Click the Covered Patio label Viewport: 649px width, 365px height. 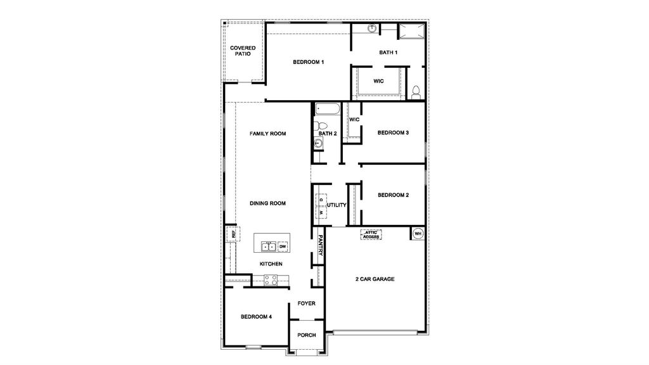pos(243,51)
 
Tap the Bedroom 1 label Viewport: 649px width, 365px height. pos(309,62)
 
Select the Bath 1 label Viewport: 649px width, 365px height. pos(388,52)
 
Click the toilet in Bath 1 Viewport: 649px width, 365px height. pos(416,93)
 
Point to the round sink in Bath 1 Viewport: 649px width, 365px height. pos(372,29)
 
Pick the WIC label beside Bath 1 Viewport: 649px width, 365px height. pos(378,81)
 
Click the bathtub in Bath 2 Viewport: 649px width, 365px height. pos(326,108)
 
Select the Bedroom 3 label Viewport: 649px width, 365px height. pos(393,132)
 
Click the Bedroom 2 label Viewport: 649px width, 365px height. pos(393,195)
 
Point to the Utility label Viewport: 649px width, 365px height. pos(337,205)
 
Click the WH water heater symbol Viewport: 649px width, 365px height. pos(418,234)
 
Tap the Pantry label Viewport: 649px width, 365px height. pos(321,245)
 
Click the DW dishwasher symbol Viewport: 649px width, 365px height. pos(283,247)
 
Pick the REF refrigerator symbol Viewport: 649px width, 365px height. pos(233,234)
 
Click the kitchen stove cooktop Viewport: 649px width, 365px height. pos(271,279)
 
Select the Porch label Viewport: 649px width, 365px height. pos(307,335)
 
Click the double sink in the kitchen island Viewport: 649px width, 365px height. pos(268,246)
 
